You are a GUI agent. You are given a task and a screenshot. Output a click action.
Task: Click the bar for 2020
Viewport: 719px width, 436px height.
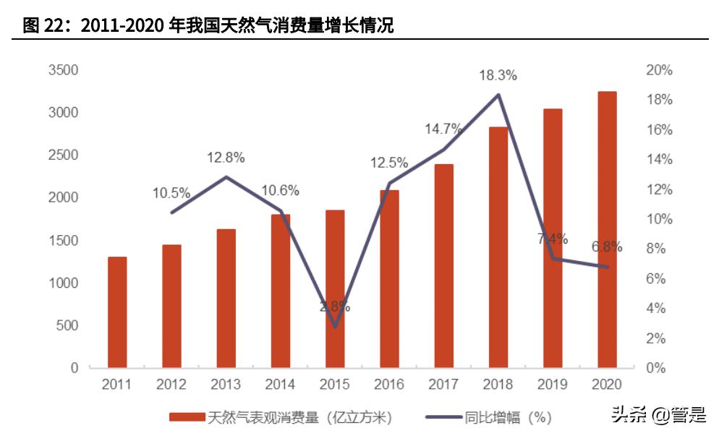pyautogui.click(x=607, y=230)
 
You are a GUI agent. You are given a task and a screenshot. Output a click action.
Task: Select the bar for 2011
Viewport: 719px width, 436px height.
pyautogui.click(x=117, y=312)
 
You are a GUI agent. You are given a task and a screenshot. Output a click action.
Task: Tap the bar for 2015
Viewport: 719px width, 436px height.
pyautogui.click(x=335, y=288)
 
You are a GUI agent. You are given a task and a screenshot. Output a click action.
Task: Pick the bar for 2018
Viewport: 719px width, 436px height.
pyautogui.click(x=498, y=247)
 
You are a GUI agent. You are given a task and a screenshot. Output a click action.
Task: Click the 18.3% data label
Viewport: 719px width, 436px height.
pyautogui.click(x=497, y=75)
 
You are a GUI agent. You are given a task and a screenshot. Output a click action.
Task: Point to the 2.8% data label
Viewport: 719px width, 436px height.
pyautogui.click(x=335, y=307)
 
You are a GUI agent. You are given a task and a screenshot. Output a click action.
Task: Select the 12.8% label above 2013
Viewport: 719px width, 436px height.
pyautogui.click(x=226, y=157)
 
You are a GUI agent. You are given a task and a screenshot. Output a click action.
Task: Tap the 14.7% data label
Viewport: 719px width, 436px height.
pyautogui.click(x=443, y=129)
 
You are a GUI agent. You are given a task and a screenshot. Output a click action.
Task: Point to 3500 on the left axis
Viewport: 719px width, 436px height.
pyautogui.click(x=63, y=70)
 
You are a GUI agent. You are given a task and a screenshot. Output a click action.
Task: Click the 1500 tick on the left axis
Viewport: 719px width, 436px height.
pyautogui.click(x=63, y=240)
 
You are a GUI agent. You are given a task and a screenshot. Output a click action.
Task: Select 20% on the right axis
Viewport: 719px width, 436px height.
pyautogui.click(x=658, y=70)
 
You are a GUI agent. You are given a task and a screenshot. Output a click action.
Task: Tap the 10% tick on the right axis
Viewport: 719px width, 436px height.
pyautogui.click(x=658, y=219)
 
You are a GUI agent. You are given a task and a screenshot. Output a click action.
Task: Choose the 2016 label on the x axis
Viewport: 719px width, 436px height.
pyautogui.click(x=389, y=385)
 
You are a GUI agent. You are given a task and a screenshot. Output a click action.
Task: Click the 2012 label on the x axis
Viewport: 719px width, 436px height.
pyautogui.click(x=171, y=385)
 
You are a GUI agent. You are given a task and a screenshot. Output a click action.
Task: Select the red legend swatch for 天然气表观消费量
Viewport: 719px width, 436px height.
pyautogui.click(x=187, y=417)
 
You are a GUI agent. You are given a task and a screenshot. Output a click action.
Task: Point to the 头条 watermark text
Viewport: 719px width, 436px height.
pyautogui.click(x=626, y=414)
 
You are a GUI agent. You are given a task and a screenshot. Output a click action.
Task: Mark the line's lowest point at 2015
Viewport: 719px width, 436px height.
pyautogui.click(x=335, y=326)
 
